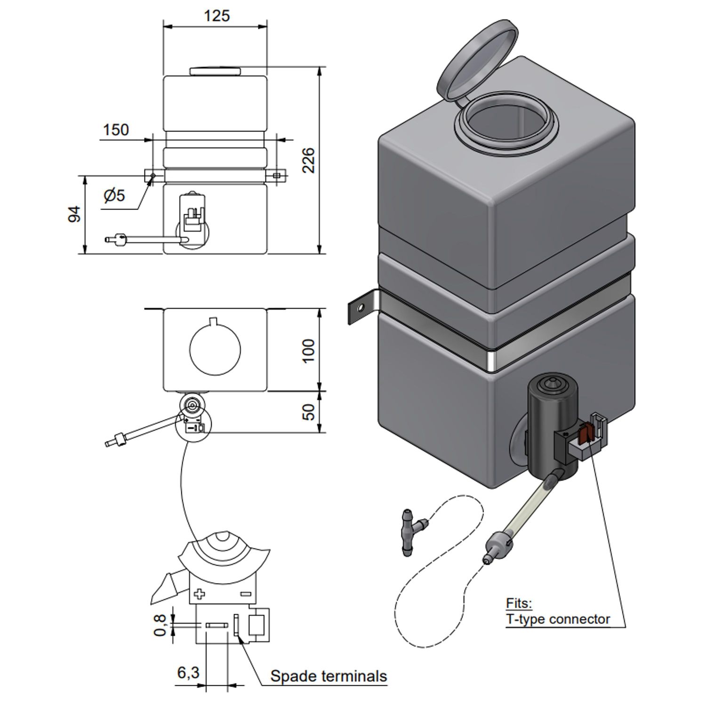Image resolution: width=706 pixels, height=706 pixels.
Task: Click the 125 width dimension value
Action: point(217,16)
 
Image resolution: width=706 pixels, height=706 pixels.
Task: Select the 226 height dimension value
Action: point(308,160)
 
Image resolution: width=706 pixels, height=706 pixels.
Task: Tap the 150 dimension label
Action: point(116,130)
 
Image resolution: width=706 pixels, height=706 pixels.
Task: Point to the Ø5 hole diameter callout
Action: point(114,195)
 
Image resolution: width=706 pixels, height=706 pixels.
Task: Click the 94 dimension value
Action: point(75,214)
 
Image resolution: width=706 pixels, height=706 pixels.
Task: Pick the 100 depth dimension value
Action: point(308,350)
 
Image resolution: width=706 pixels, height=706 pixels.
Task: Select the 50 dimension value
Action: point(308,412)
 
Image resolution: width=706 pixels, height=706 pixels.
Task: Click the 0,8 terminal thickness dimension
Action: point(160,625)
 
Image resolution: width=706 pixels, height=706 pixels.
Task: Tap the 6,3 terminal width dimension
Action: point(188,673)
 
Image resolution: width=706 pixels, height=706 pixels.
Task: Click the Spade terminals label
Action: point(329,676)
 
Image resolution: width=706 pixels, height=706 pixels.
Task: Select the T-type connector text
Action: point(558,619)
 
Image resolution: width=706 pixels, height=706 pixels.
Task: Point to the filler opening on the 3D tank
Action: point(507,122)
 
